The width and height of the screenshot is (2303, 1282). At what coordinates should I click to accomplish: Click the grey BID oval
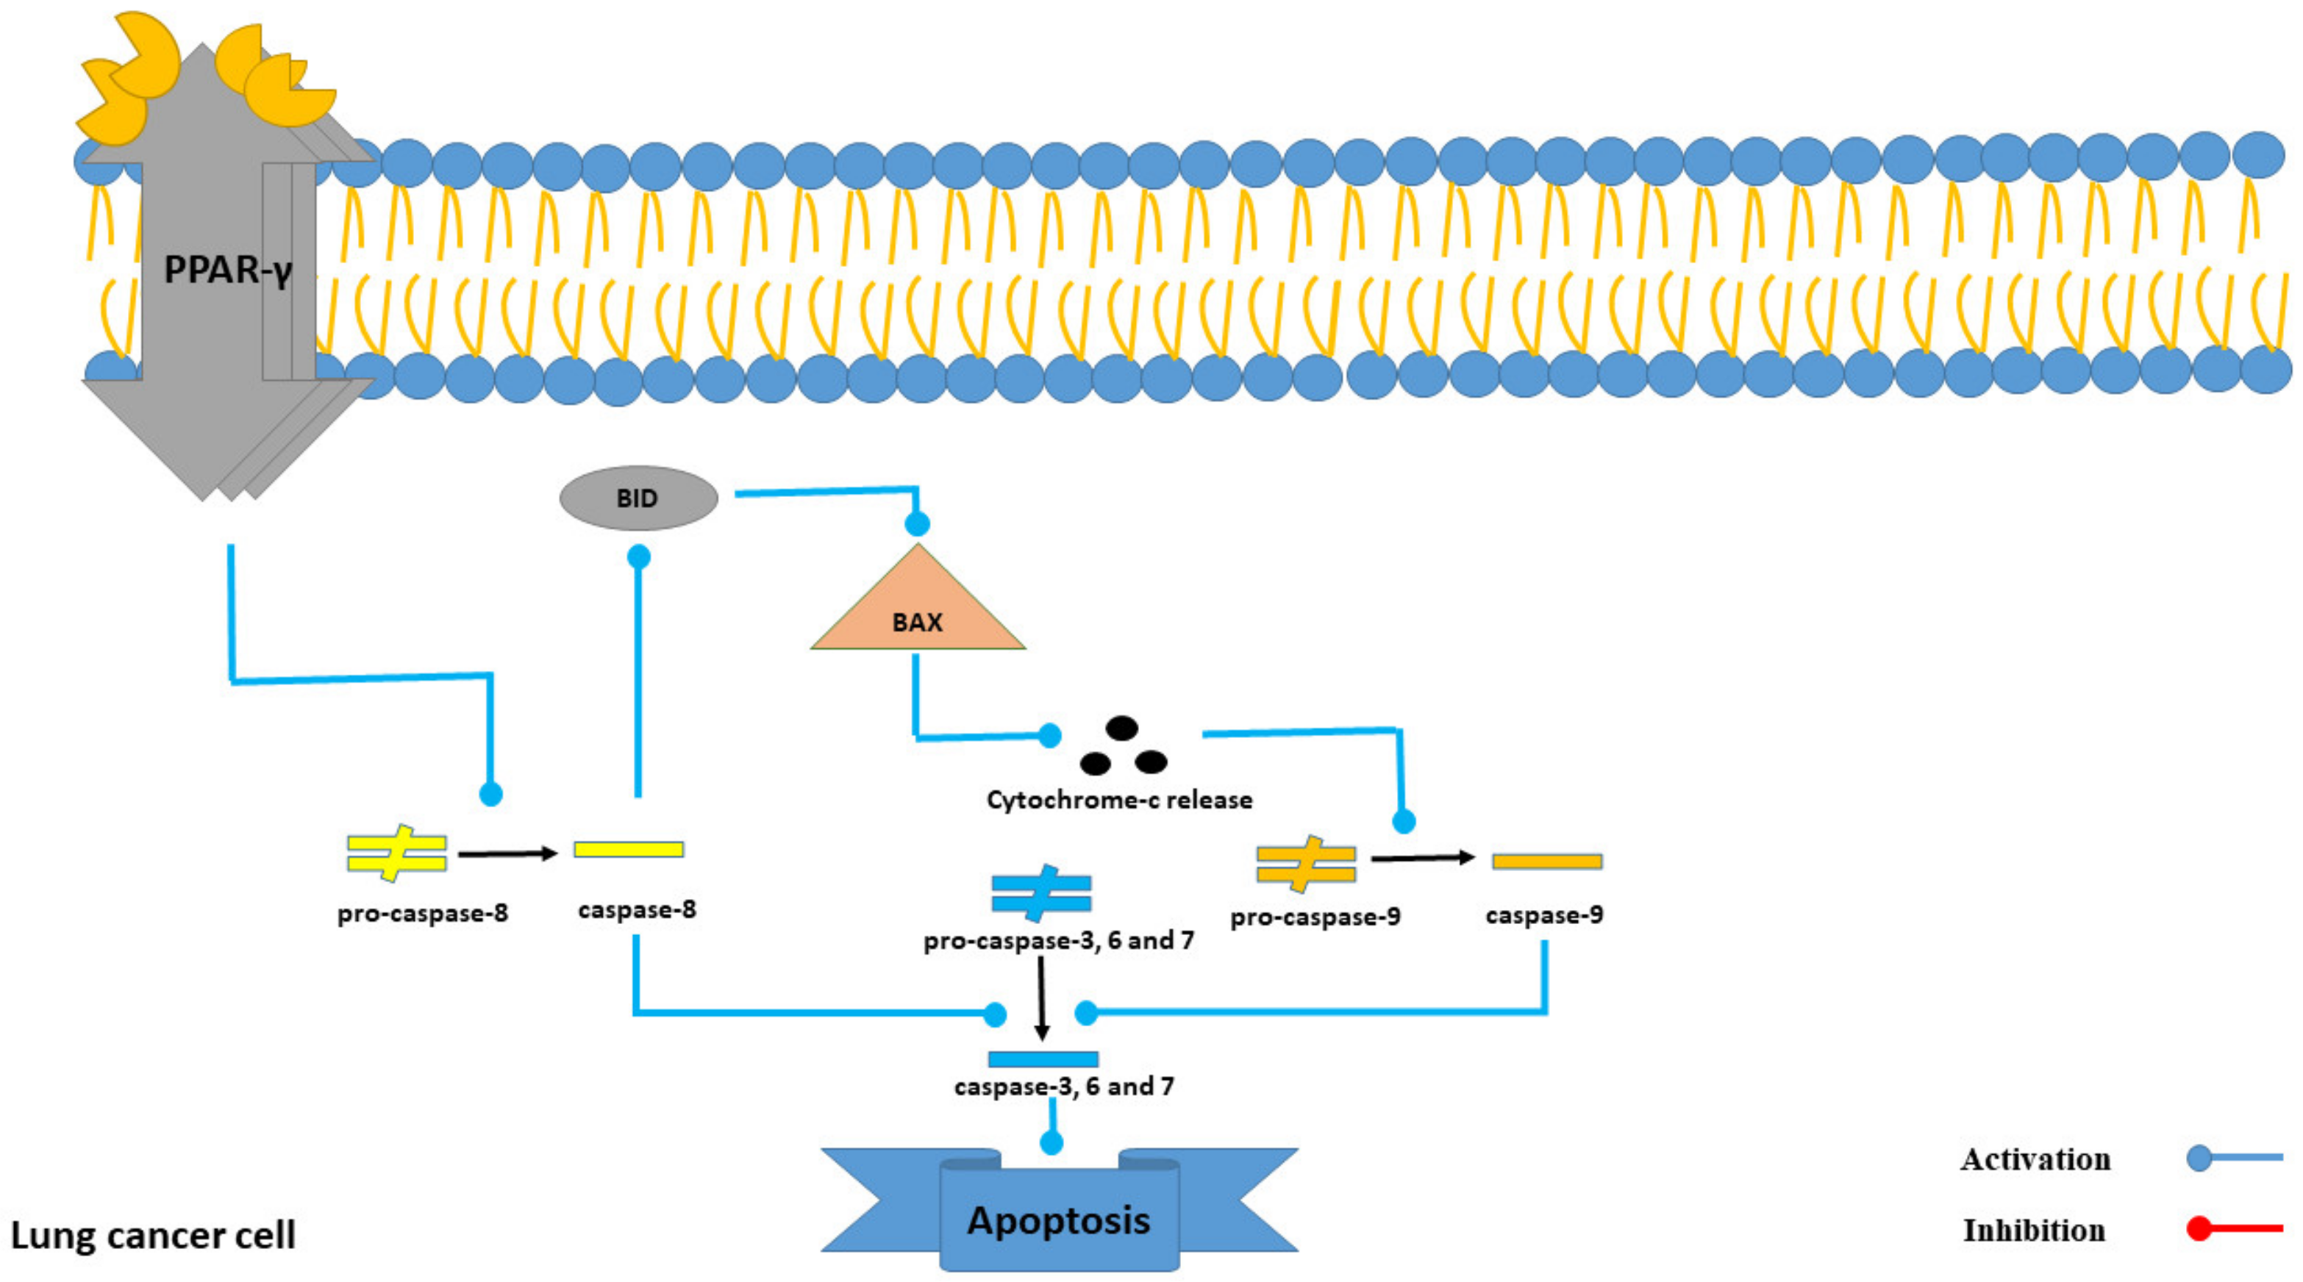point(638,498)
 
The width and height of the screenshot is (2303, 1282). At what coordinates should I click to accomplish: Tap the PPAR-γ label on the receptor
point(228,269)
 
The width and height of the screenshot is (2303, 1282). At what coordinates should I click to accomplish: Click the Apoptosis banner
point(1060,1220)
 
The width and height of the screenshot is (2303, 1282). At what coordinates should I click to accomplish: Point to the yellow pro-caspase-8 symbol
point(397,853)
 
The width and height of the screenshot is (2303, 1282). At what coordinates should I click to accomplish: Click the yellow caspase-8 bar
point(629,849)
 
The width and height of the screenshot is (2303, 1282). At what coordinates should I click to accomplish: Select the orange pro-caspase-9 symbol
point(1306,864)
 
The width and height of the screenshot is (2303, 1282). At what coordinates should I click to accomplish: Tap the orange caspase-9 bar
point(1546,862)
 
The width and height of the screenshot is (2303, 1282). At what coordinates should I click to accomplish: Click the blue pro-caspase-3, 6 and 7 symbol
point(1040,892)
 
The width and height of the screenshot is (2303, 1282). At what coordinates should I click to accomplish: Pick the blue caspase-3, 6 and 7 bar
point(1043,1059)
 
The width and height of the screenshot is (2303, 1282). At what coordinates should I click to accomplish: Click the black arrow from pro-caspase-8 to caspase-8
point(507,853)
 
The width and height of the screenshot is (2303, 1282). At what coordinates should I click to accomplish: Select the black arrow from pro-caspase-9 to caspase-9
point(1422,859)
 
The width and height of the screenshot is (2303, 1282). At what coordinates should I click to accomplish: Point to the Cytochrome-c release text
point(1119,799)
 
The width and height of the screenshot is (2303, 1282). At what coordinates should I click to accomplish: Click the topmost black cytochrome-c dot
point(1122,728)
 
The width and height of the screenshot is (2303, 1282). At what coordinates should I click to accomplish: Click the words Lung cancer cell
point(153,1236)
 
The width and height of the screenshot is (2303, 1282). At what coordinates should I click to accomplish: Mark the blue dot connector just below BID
point(638,558)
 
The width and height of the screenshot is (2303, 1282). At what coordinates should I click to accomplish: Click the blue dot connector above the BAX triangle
point(917,524)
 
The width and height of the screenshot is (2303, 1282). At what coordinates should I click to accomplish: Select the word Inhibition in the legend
point(2034,1230)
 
